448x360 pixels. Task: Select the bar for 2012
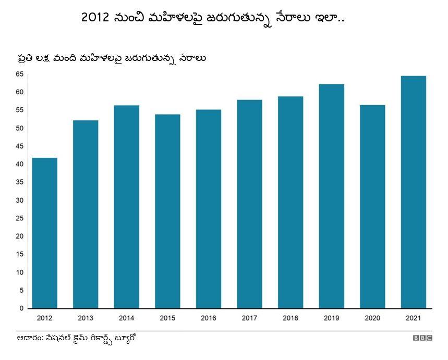click(44, 233)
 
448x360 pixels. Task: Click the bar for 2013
click(86, 214)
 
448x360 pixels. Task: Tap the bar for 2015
click(167, 211)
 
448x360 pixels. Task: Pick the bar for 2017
click(249, 204)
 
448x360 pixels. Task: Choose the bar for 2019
click(331, 196)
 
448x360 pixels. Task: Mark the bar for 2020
click(372, 206)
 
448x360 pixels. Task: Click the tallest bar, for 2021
click(413, 192)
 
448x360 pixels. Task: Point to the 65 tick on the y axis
click(19, 74)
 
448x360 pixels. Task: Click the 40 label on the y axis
click(19, 164)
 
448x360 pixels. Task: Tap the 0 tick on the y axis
click(21, 308)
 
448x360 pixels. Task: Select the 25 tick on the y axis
click(19, 218)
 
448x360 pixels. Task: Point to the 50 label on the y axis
click(19, 128)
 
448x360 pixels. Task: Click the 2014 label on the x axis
click(126, 318)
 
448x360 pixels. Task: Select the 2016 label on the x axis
click(209, 318)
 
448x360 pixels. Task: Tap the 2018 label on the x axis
click(290, 318)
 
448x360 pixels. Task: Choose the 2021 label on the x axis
click(413, 318)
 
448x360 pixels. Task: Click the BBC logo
click(422, 338)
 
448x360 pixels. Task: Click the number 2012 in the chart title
click(95, 17)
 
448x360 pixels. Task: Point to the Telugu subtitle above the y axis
click(111, 57)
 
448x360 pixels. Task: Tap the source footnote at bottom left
click(76, 338)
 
